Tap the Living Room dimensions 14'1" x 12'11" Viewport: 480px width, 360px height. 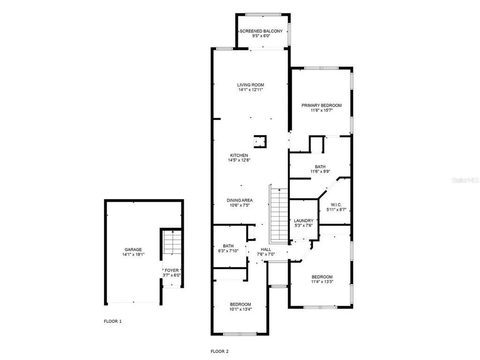click(x=250, y=90)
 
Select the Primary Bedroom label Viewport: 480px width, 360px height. click(x=321, y=105)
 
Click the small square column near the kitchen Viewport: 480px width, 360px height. click(x=260, y=141)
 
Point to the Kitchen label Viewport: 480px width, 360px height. click(x=239, y=156)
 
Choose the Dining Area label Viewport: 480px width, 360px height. click(x=240, y=200)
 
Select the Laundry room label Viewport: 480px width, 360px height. click(x=303, y=221)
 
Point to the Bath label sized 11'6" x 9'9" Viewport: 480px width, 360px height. click(x=320, y=166)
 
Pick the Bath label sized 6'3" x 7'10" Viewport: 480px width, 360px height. click(x=228, y=246)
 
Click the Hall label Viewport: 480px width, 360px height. click(x=266, y=249)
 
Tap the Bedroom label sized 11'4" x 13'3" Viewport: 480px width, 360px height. click(x=322, y=277)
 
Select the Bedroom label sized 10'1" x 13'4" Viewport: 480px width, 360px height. click(x=240, y=304)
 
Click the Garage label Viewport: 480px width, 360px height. click(x=133, y=249)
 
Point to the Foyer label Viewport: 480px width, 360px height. click(x=171, y=270)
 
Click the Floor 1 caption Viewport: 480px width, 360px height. click(x=112, y=322)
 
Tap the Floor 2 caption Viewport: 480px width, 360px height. click(x=219, y=351)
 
